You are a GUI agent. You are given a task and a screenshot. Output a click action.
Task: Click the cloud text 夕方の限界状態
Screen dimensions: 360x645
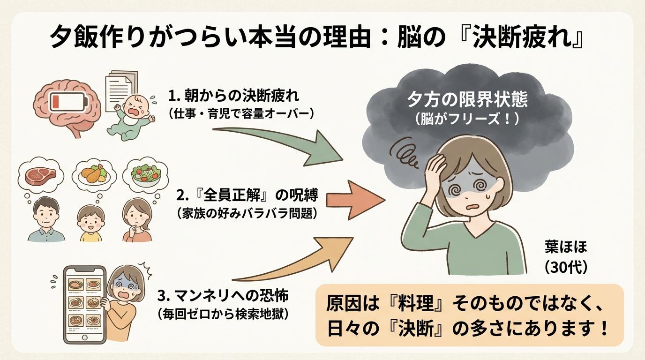click(467, 99)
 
